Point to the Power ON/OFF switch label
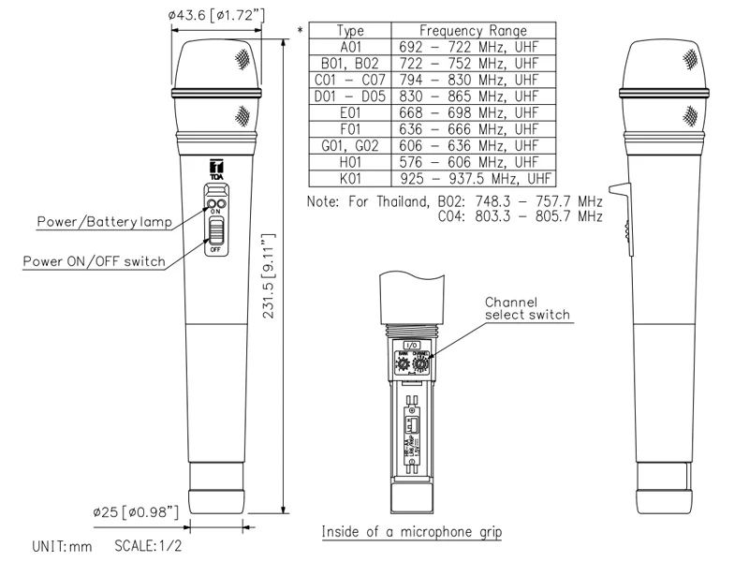[x=94, y=261]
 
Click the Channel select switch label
[x=526, y=308]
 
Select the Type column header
[x=350, y=31]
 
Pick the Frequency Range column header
[x=473, y=31]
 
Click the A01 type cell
[x=350, y=47]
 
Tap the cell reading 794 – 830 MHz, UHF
[x=473, y=80]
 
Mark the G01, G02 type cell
[x=350, y=145]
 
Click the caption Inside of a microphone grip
[x=411, y=532]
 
